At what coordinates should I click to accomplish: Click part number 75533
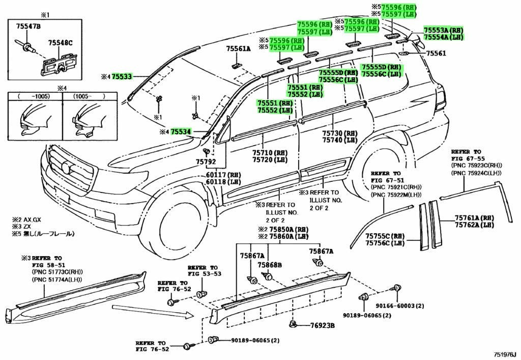tap(122, 77)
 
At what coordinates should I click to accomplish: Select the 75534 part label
tap(181, 132)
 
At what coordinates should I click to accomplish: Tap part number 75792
tap(206, 162)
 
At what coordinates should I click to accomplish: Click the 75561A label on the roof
tap(238, 48)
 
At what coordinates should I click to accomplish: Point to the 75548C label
tap(60, 43)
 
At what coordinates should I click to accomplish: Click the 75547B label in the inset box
tap(28, 26)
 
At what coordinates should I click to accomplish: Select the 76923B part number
tap(322, 326)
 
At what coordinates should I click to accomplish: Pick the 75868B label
tap(270, 265)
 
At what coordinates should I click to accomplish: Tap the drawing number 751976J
tap(505, 354)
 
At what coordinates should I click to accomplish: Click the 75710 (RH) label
tap(270, 153)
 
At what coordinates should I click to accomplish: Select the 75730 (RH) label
tap(339, 133)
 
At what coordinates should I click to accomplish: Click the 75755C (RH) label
tap(385, 236)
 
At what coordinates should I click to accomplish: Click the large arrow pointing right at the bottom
tap(153, 311)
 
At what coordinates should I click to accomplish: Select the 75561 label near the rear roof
tap(436, 53)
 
